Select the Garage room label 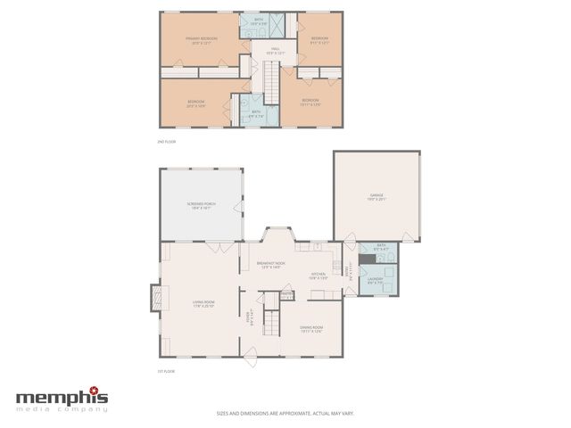point(377,196)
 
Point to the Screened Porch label point(202,206)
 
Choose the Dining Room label point(310,330)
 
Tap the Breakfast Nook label point(270,265)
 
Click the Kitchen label point(319,276)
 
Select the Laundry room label point(375,281)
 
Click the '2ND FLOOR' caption point(166,141)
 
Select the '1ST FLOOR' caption point(166,370)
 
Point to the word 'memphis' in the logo point(61,398)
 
